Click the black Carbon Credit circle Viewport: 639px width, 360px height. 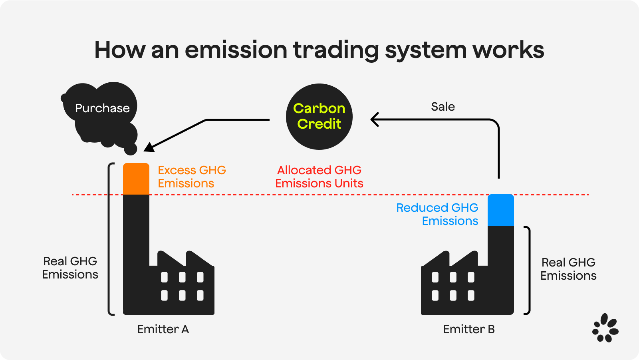click(x=319, y=116)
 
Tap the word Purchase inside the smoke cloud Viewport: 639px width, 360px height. click(x=102, y=108)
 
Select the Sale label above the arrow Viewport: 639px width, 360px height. click(x=443, y=107)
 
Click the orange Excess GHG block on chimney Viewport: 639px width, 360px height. click(x=136, y=179)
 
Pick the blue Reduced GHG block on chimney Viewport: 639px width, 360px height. click(x=500, y=210)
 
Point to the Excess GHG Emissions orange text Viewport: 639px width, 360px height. click(x=191, y=177)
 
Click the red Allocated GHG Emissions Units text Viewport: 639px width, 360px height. click(x=319, y=177)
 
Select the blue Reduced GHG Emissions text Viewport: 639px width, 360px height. click(x=437, y=214)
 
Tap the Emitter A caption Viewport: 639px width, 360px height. click(x=163, y=329)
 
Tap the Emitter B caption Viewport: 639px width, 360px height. click(x=469, y=329)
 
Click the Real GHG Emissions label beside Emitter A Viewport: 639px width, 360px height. click(x=70, y=268)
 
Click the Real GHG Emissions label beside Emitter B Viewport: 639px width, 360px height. click(x=568, y=269)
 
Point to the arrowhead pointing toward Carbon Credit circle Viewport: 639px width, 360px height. click(x=374, y=119)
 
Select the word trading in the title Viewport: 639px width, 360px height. click(x=335, y=50)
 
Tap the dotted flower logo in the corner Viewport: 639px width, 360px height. click(x=605, y=328)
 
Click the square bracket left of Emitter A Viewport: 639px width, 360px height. click(x=111, y=239)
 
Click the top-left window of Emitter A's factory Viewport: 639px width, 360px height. click(x=164, y=277)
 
